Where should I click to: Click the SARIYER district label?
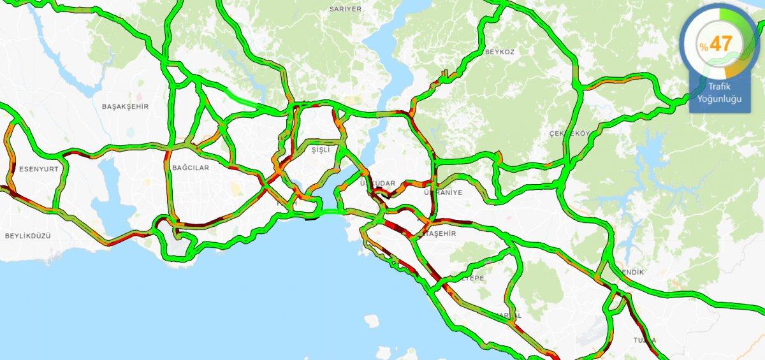346,9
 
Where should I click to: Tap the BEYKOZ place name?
500,51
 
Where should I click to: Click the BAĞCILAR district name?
191,168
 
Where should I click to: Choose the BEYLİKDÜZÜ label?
27,236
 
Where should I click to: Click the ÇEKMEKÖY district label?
569,134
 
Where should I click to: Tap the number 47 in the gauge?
721,44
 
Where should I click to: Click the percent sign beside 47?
704,47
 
